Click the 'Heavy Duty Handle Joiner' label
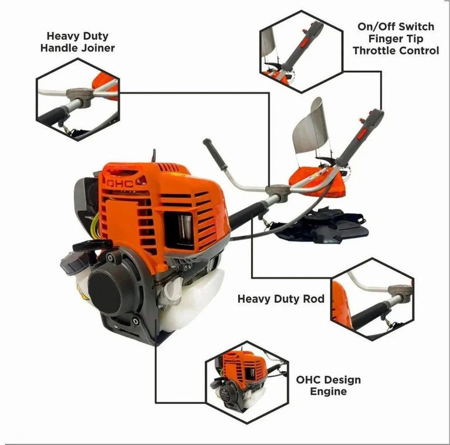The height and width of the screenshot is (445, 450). (77, 42)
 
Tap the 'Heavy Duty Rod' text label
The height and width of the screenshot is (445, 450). (281, 299)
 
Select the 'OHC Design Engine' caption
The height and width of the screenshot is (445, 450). (329, 385)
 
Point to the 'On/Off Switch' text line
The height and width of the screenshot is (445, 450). (396, 26)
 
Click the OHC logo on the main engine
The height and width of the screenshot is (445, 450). (120, 184)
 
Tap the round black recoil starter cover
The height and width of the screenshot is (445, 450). (105, 292)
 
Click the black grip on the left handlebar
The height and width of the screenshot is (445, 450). (215, 154)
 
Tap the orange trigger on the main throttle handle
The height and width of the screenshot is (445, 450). (362, 134)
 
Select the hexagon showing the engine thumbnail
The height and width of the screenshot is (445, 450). (247, 382)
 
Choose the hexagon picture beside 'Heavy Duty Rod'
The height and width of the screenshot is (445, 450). (372, 299)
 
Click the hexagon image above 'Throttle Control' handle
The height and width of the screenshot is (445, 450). (302, 52)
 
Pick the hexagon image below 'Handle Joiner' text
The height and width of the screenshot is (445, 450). (78, 99)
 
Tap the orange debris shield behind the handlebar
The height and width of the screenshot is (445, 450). (319, 183)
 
